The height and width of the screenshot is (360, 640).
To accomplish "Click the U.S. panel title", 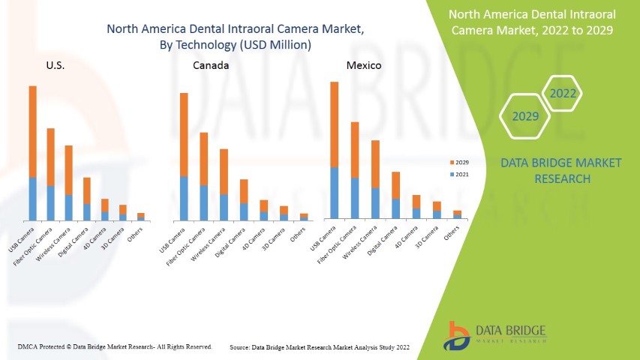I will (55, 65).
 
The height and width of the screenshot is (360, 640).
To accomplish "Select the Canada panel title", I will (211, 65).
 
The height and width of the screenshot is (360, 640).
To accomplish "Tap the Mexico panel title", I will (363, 65).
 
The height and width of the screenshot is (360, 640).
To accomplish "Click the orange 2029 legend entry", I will (458, 161).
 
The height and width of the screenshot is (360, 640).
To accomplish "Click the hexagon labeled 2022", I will (562, 94).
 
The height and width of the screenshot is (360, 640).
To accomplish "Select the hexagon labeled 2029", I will (525, 117).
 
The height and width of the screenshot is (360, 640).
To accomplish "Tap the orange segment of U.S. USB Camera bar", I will (32, 131).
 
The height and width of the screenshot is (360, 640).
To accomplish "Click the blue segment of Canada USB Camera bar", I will (184, 198).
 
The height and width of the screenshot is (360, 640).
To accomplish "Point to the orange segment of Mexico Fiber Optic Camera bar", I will (355, 149).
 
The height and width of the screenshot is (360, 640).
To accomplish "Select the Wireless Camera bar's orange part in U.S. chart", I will (68, 169).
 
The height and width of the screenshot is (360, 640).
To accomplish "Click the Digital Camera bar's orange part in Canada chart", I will (243, 190).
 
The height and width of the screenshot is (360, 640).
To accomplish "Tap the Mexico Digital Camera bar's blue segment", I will (395, 208).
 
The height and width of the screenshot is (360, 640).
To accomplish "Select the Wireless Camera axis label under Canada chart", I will (208, 244).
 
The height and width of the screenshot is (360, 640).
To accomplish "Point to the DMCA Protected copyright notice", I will (114, 347).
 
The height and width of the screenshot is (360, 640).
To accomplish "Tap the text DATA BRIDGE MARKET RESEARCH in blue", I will (562, 170).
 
